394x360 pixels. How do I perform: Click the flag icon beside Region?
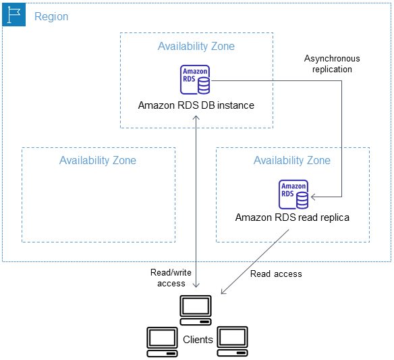click(x=14, y=15)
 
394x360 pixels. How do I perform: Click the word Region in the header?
click(x=51, y=16)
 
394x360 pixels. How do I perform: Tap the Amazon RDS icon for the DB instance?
click(x=195, y=80)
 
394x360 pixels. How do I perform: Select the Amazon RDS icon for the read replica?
click(x=293, y=195)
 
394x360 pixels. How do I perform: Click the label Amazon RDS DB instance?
click(x=196, y=105)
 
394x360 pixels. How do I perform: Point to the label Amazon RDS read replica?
click(x=292, y=218)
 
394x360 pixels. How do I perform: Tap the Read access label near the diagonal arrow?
click(x=276, y=274)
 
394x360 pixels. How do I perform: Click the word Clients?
click(x=198, y=340)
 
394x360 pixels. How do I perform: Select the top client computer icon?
click(x=196, y=307)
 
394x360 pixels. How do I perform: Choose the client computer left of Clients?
click(x=163, y=341)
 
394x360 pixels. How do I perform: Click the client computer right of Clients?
click(x=232, y=341)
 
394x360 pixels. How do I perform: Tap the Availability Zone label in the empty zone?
click(x=98, y=161)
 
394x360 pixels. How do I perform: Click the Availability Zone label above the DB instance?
click(x=196, y=47)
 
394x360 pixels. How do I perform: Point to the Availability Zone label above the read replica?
click(x=292, y=161)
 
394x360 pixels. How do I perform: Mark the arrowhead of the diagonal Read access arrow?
click(x=223, y=293)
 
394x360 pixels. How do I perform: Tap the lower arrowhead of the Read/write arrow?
click(x=196, y=292)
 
